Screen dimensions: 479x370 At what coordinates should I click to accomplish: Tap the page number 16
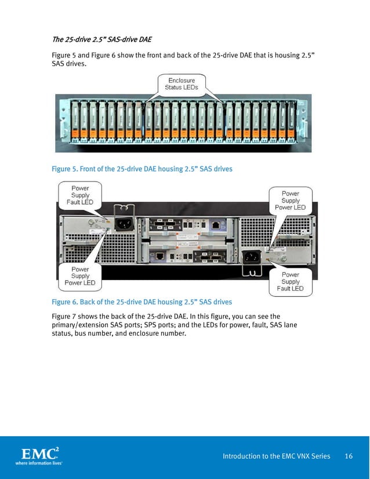(349, 456)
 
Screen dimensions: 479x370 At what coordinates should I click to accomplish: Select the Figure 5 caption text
(142, 169)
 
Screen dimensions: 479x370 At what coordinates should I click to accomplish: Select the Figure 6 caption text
(142, 302)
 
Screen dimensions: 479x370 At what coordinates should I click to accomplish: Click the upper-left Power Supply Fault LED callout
(80, 195)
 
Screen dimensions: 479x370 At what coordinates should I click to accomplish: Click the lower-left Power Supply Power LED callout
(80, 276)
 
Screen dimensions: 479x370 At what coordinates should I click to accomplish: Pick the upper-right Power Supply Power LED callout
(290, 201)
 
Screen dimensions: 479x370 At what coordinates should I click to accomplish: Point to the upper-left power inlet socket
(123, 223)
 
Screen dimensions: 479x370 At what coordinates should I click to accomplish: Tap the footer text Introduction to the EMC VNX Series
(277, 456)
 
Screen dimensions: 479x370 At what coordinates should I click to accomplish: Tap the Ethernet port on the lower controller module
(159, 255)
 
